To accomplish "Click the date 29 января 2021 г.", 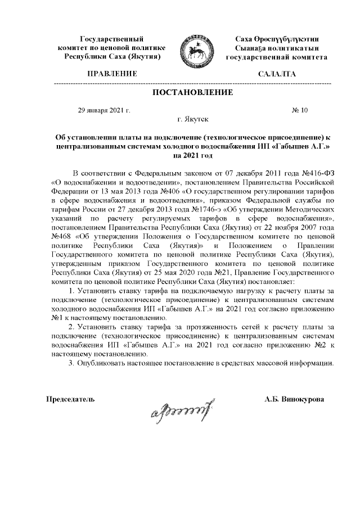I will (104, 110).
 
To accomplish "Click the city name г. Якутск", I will (192, 119).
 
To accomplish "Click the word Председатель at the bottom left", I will (70, 399).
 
